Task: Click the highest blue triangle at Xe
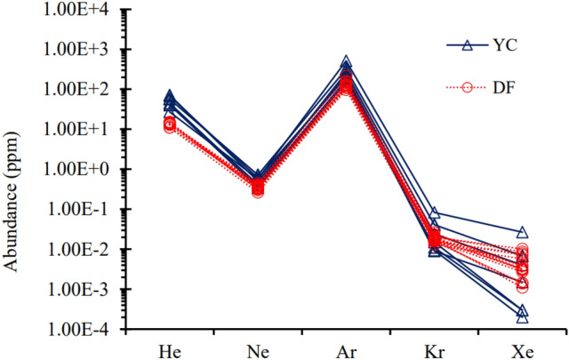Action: [x=522, y=232]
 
